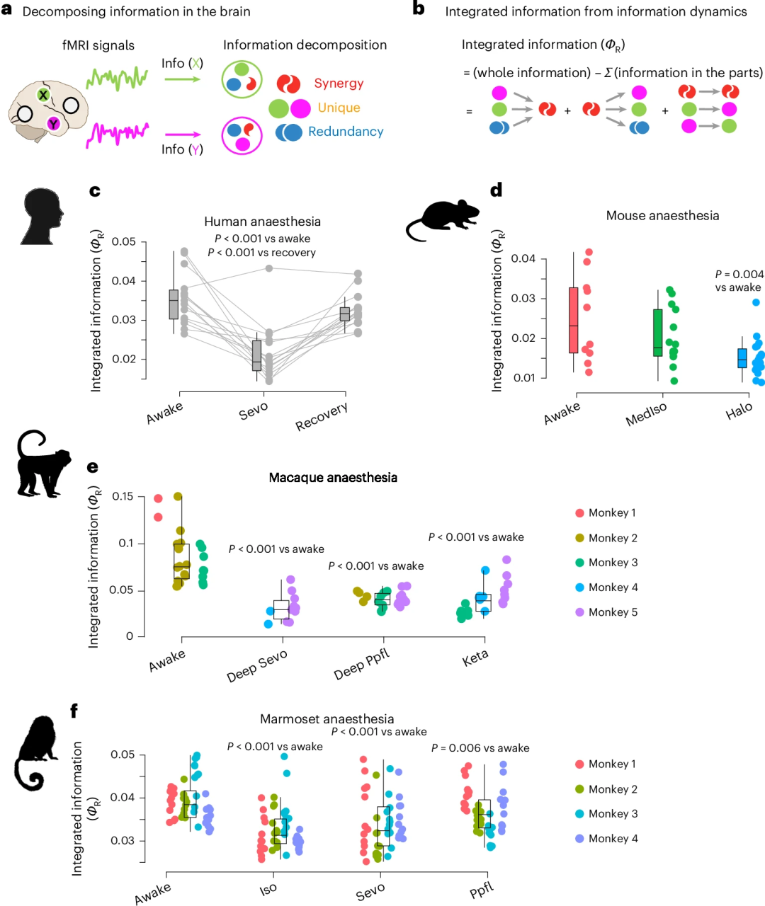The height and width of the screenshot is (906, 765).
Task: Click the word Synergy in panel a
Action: tap(339, 84)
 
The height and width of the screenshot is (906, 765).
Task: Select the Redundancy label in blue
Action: tap(346, 132)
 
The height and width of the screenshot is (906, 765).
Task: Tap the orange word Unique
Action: tap(339, 108)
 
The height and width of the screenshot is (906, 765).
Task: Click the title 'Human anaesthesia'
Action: tap(262, 222)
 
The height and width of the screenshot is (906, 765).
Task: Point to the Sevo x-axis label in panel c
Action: tap(254, 411)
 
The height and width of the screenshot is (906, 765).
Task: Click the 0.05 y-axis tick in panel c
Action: tap(124, 242)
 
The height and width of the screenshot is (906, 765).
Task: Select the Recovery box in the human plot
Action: tap(345, 314)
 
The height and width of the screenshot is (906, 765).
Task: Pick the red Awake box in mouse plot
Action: tap(574, 320)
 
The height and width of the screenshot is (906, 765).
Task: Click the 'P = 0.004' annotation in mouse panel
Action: tap(739, 274)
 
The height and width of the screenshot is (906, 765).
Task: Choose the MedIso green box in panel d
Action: tap(658, 333)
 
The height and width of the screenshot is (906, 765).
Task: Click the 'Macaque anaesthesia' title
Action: tap(333, 478)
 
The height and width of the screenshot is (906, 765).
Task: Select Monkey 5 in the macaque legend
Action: tap(613, 612)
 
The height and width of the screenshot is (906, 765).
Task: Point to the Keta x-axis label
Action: tap(475, 658)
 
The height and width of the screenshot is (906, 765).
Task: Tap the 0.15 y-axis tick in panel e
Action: tap(123, 497)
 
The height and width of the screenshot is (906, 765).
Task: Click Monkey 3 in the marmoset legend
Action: tap(613, 814)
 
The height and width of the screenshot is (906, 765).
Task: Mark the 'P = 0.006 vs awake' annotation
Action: tap(480, 748)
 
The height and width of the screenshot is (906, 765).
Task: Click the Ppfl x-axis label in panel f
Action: tap(482, 890)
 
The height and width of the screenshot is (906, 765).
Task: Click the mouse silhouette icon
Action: tap(443, 219)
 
